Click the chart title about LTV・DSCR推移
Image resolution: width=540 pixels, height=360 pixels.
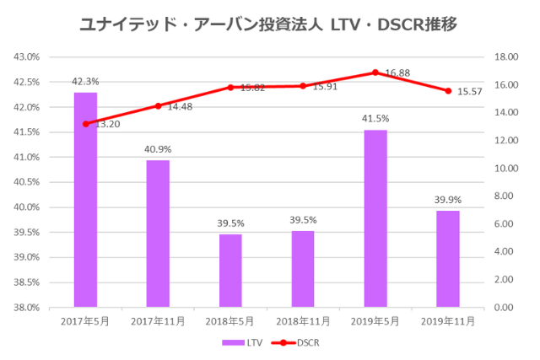tap(269, 24)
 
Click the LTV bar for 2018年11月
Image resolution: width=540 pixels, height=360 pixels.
tap(303, 269)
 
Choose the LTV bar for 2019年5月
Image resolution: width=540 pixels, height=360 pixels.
tap(375, 218)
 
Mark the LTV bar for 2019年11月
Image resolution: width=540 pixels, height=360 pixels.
tap(448, 259)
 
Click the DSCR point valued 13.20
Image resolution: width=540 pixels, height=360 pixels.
tap(85, 124)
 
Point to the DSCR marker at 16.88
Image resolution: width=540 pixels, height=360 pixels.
tap(375, 73)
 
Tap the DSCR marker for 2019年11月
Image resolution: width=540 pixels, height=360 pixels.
tap(448, 91)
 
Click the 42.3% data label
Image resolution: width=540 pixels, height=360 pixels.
tap(85, 82)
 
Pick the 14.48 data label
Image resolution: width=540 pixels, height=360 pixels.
tap(180, 107)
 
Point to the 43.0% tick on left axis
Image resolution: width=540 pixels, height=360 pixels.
tap(27, 57)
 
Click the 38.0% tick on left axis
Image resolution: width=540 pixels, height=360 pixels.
tap(27, 308)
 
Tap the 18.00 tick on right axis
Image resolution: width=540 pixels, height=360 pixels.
tap(503, 57)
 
